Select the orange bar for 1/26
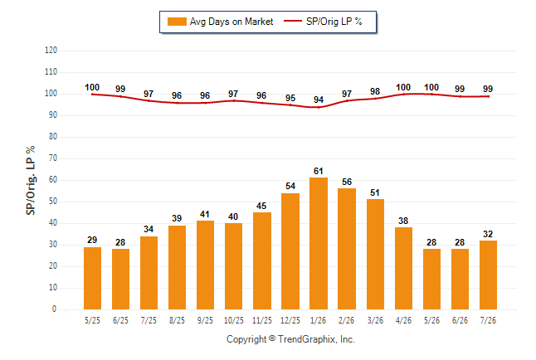point(319,243)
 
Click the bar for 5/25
point(92,278)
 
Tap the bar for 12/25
point(290,251)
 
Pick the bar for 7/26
point(488,275)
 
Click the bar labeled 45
point(262,260)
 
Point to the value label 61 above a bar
point(319,171)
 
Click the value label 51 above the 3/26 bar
point(375,192)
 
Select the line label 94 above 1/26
point(319,100)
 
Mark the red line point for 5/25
point(92,95)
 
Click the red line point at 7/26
point(488,96)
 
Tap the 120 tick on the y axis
point(51,51)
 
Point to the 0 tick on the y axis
point(54,309)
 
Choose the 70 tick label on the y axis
point(52,158)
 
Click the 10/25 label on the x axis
point(234,320)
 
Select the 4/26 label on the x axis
point(403,320)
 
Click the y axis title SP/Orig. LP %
point(31,180)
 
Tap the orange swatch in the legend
point(177,22)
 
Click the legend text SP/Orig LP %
point(334,22)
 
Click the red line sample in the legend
point(293,21)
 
